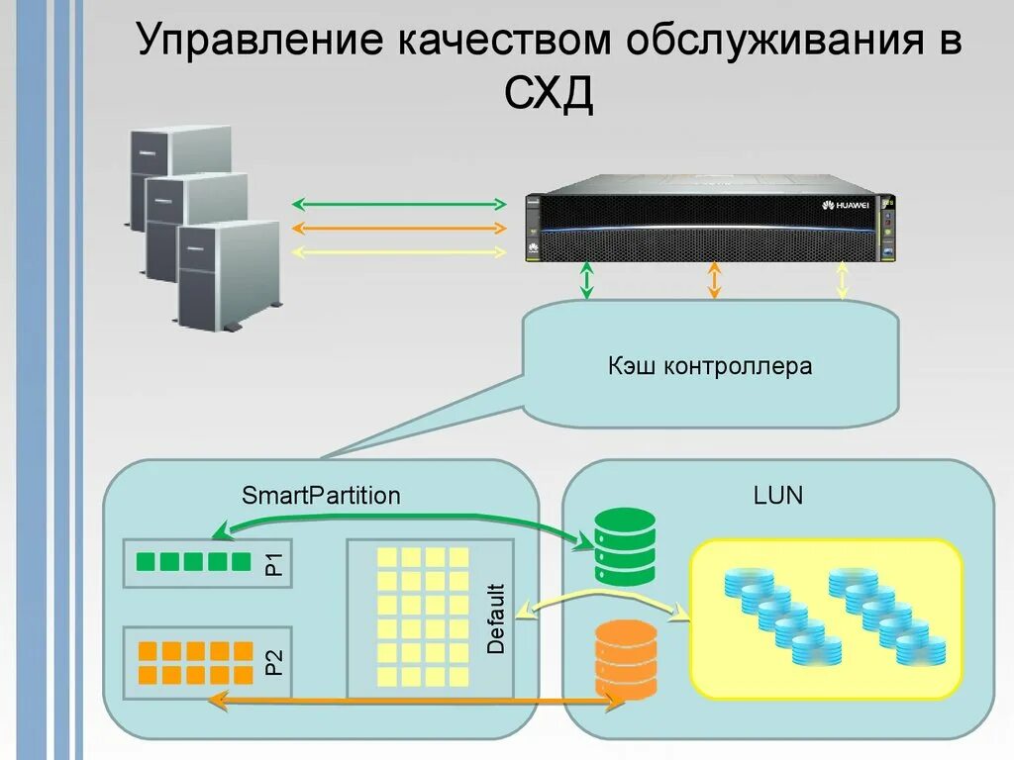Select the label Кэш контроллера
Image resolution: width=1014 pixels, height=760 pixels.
[x=710, y=367]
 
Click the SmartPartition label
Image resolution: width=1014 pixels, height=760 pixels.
[x=321, y=496]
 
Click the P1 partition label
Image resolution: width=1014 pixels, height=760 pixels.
[x=274, y=563]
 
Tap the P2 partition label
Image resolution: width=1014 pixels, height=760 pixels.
[x=274, y=661]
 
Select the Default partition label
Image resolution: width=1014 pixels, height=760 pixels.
[x=496, y=619]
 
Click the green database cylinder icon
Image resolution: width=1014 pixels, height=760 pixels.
[x=625, y=546]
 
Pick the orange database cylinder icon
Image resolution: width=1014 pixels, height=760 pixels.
[x=625, y=659]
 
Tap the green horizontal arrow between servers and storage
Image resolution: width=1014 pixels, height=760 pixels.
[x=399, y=205]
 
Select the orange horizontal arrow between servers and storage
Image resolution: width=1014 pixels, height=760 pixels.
[x=399, y=229]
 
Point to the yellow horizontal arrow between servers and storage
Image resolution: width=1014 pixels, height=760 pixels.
[x=399, y=252]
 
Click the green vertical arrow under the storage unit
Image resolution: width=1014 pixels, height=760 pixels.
[x=587, y=280]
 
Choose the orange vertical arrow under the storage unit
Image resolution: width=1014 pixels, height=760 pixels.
[x=714, y=280]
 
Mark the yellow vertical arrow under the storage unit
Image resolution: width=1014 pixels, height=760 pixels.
[x=842, y=280]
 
